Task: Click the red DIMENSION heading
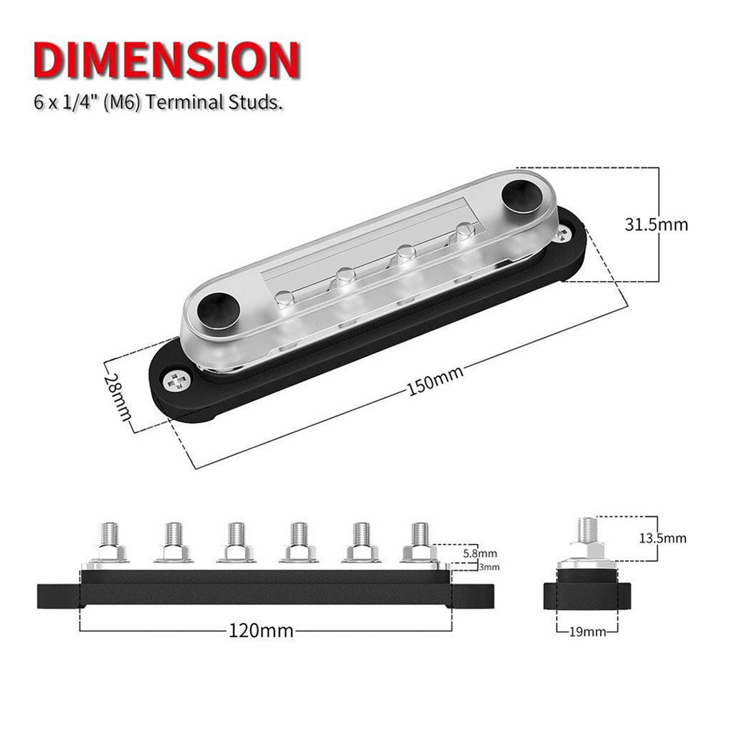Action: [x=166, y=60]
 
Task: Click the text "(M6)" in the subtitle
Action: [x=122, y=102]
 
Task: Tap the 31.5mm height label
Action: [x=657, y=225]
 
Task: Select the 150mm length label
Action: [x=435, y=380]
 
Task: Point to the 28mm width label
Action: [x=117, y=396]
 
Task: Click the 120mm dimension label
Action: [x=261, y=631]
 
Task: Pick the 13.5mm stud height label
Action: [x=663, y=538]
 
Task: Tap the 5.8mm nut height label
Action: [x=480, y=553]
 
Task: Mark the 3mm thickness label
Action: [x=489, y=568]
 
